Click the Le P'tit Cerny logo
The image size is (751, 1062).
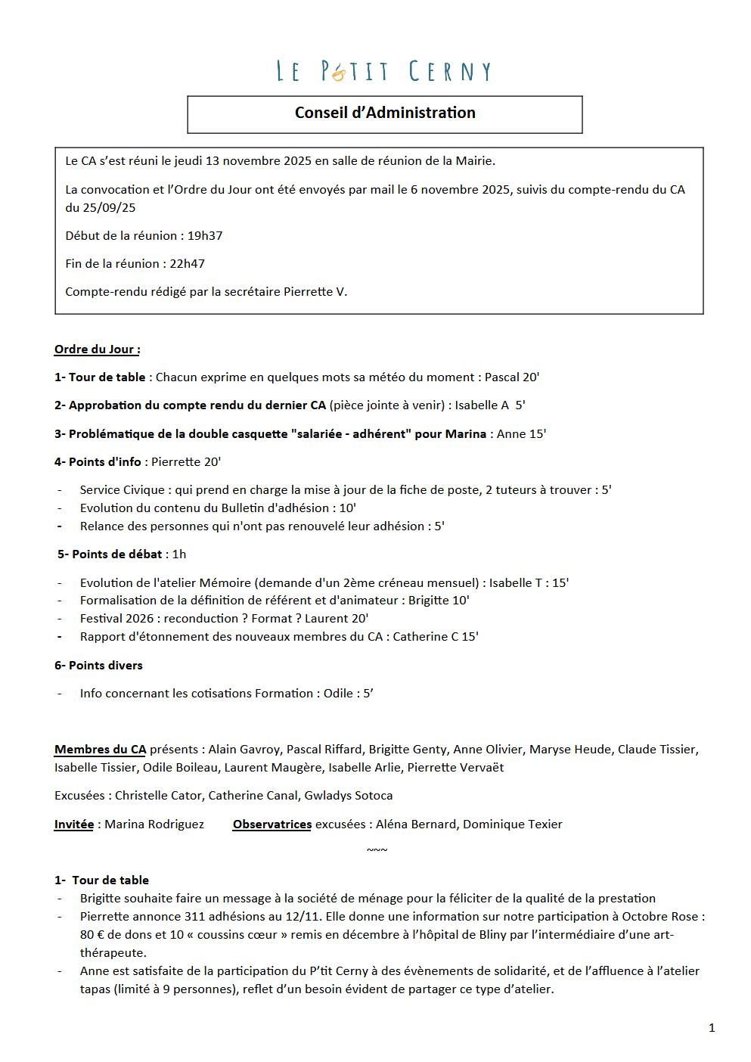383,71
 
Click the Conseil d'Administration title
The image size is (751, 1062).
385,113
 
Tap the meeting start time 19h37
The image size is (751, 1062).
205,235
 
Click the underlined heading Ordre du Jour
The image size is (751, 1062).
97,349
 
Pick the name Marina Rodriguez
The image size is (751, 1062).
154,824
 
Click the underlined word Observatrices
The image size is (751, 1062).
272,824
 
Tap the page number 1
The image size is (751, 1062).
712,1027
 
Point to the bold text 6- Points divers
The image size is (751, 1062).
98,665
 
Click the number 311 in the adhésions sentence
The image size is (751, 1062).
195,916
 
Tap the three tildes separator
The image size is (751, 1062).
377,849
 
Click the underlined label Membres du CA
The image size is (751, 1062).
100,749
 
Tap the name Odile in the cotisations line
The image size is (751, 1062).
339,693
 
